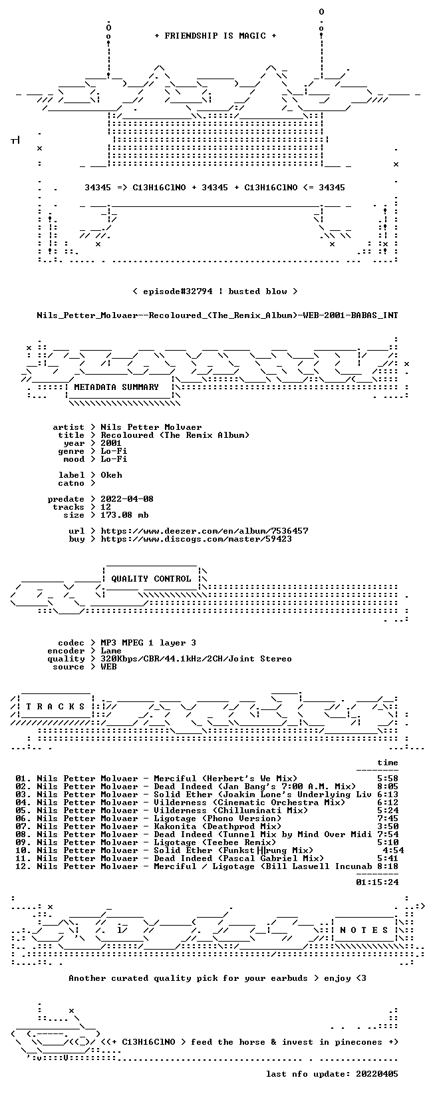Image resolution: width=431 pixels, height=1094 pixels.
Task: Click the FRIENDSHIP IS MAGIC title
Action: pos(215,36)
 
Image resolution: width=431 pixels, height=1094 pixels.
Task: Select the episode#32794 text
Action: pos(178,291)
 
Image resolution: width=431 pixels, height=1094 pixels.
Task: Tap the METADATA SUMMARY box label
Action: pos(116,387)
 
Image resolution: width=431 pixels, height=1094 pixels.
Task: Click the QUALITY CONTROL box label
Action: pos(151,579)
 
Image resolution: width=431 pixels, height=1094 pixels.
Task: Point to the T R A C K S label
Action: pos(55,707)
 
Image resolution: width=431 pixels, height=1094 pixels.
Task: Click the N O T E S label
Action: pos(364,930)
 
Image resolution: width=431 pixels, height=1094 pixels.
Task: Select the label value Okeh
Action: pos(111,475)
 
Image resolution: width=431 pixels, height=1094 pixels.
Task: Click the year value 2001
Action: pos(111,443)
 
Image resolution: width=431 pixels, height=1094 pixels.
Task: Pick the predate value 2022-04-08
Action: pos(127,499)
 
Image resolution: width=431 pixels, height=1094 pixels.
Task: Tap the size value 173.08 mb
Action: pos(124,515)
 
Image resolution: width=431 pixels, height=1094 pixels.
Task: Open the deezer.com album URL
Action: pos(204,531)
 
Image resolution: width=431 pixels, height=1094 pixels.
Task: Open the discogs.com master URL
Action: pos(196,539)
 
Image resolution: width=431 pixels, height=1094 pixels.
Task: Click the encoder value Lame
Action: pos(111,651)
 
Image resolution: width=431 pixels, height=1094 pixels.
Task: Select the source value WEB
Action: pos(109,667)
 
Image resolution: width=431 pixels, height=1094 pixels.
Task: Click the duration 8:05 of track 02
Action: pos(388,787)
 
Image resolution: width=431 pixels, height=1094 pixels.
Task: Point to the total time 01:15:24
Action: pos(377,882)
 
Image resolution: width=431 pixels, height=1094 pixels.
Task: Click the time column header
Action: pos(388,763)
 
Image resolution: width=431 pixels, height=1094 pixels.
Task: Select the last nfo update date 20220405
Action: pos(377,1074)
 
